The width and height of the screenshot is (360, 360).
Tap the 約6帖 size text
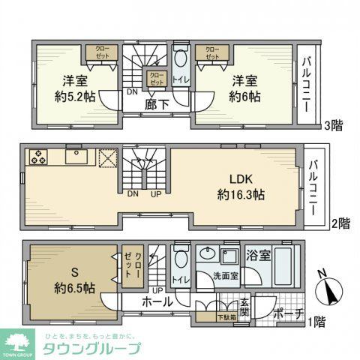click(245, 96)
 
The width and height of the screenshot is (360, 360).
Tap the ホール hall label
click(159, 301)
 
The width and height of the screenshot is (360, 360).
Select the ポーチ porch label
click(289, 315)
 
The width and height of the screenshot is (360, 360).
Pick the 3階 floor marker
click(334, 125)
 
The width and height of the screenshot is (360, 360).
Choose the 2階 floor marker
click(340, 223)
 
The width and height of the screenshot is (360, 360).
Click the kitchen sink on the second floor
click(77, 157)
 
